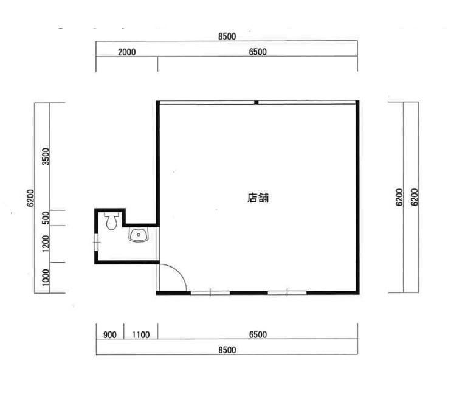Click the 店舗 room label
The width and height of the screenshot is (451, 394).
[x=258, y=198]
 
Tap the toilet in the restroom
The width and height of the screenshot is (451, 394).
[x=111, y=221]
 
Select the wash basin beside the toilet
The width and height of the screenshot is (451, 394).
[x=139, y=235]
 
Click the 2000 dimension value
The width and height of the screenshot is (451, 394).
[x=127, y=52]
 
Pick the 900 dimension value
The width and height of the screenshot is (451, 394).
[x=110, y=334]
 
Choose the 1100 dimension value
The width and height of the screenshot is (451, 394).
[x=141, y=334]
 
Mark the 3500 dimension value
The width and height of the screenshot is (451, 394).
[x=46, y=156]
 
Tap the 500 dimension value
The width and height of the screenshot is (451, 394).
[x=46, y=218]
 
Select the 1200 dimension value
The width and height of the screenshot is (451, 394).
[x=46, y=243]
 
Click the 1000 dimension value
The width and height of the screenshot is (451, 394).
[x=46, y=277]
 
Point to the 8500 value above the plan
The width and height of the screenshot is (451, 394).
[x=227, y=36]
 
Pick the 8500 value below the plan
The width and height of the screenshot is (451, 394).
[x=227, y=350]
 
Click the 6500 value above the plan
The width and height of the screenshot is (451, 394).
[x=258, y=52]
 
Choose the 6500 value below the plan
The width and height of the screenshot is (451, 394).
[x=258, y=334]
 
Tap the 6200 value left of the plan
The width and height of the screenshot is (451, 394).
[x=30, y=198]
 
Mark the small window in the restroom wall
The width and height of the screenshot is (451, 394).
[x=97, y=243]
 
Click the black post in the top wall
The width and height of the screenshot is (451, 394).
[x=256, y=102]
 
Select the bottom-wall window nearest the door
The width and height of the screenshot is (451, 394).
[x=210, y=292]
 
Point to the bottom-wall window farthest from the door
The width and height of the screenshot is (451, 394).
[x=287, y=292]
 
